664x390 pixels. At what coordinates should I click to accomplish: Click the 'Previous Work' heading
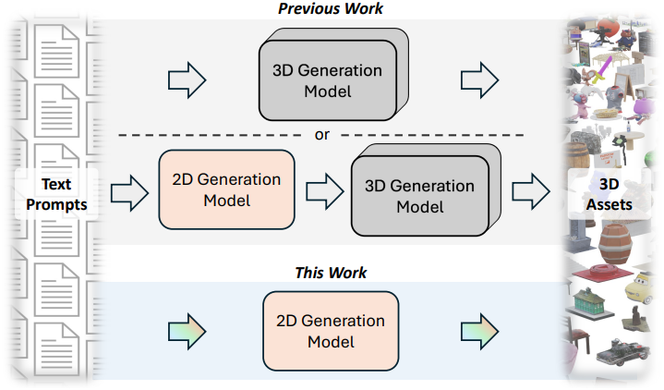point(331,9)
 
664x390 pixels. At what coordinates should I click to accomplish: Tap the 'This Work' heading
point(331,273)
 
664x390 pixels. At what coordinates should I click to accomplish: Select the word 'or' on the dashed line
point(321,135)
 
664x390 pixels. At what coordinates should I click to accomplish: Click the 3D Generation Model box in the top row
point(327,81)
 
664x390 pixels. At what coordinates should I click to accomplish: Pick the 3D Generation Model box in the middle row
point(419,196)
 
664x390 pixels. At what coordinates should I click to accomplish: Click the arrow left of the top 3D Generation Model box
point(187,81)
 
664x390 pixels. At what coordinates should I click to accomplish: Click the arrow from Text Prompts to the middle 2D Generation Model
point(129,192)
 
